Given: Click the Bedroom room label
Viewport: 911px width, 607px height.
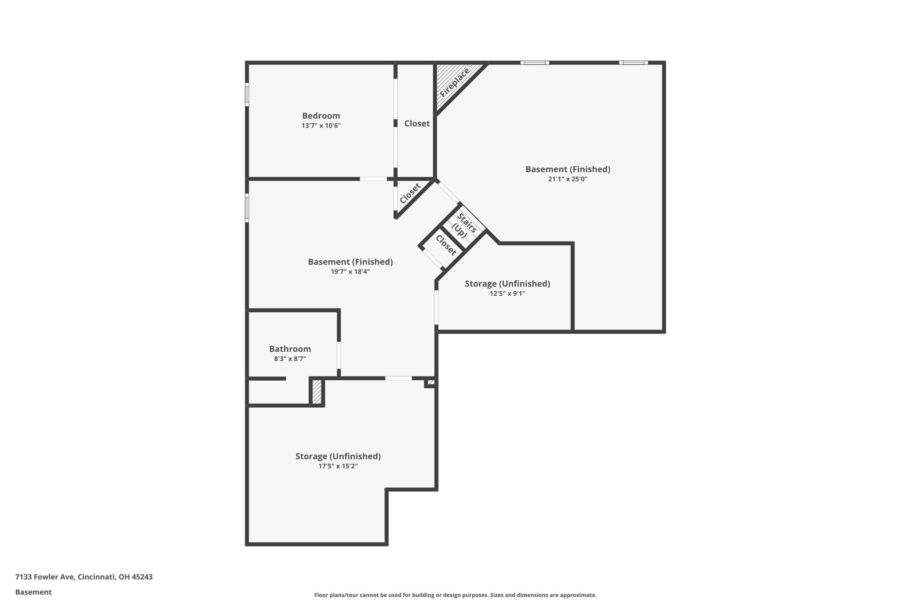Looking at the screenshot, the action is pos(321,116).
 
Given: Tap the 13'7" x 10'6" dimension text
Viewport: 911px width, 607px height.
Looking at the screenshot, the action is pos(321,126).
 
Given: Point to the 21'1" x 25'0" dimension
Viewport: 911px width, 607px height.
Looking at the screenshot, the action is pos(568,179).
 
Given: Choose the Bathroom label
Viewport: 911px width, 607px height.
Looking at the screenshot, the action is pos(290,349).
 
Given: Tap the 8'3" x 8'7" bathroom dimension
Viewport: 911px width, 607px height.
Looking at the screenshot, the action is pos(290,359).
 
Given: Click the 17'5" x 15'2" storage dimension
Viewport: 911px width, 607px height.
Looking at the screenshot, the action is pos(338,466).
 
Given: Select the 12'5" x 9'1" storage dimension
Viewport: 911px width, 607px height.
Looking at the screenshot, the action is pos(507,293).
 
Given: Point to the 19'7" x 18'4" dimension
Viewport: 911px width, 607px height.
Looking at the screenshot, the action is pos(350,272).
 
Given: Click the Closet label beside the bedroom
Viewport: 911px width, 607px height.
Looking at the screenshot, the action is pos(417,124).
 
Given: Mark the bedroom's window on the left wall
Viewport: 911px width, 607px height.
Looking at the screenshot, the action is pos(247,95).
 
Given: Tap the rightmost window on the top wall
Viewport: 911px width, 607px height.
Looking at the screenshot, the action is pos(633,63).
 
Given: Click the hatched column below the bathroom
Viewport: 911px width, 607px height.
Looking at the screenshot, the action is pos(317,392).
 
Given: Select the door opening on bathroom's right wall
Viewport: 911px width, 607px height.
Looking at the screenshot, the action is pos(339,355).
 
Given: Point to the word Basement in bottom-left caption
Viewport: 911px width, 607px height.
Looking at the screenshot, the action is pos(33,592).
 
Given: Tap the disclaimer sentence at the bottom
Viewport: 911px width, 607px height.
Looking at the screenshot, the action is pos(455,595).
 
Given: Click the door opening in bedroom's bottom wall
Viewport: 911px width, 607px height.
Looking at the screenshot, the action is pos(373,179).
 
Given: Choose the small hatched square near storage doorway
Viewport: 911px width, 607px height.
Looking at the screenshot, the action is pos(431,382).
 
